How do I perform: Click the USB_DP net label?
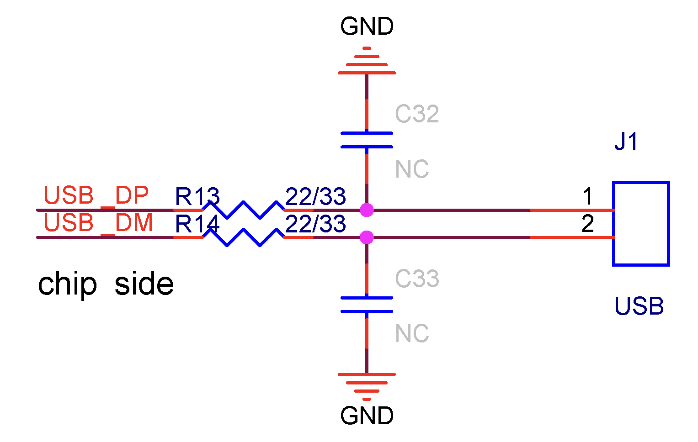click(x=96, y=195)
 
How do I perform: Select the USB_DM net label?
click(x=98, y=223)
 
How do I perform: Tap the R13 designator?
click(x=197, y=197)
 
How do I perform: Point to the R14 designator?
click(x=197, y=224)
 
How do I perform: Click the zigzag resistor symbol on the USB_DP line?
click(x=243, y=210)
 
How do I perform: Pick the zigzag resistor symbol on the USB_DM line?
click(x=243, y=237)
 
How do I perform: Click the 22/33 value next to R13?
click(x=315, y=197)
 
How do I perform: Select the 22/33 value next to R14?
click(x=315, y=224)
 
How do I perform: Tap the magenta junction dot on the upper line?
click(x=367, y=210)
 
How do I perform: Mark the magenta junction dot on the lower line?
click(x=367, y=237)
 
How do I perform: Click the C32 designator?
click(x=417, y=114)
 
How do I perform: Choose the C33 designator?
click(x=417, y=279)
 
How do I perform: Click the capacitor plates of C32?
click(x=367, y=140)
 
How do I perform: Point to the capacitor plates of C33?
click(x=367, y=305)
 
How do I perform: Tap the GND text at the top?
click(x=367, y=26)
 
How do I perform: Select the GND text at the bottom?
click(x=367, y=416)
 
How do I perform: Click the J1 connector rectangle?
click(x=641, y=224)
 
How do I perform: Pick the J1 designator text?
click(x=626, y=142)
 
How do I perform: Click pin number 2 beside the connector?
click(x=588, y=224)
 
